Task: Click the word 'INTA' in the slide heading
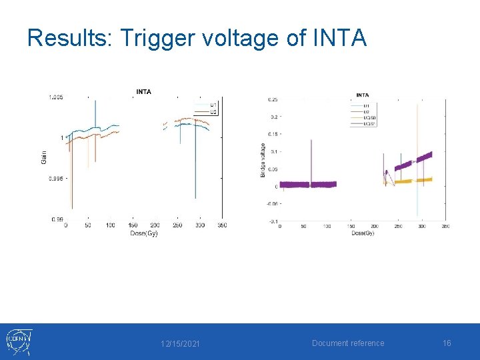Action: click(339, 38)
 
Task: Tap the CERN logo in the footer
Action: click(19, 342)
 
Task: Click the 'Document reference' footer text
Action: click(348, 343)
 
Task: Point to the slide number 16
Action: click(447, 343)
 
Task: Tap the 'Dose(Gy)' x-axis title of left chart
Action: click(143, 233)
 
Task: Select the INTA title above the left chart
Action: click(143, 91)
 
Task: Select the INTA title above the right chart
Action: click(363, 95)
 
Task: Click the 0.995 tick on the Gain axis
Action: click(55, 178)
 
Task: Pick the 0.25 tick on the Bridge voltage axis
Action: click(273, 100)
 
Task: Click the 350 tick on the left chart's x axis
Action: click(221, 225)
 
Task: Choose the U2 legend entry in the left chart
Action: click(213, 111)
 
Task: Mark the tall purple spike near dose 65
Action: click(311, 160)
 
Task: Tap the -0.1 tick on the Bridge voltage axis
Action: click(273, 221)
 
